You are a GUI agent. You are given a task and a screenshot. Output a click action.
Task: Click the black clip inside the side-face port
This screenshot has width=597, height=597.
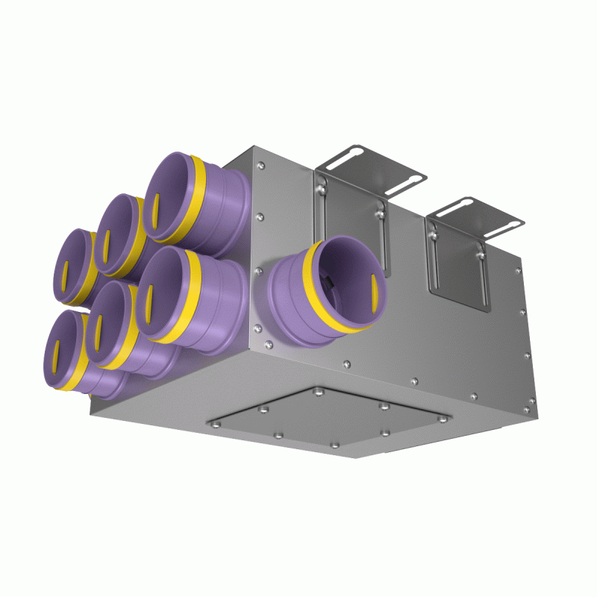(327, 282)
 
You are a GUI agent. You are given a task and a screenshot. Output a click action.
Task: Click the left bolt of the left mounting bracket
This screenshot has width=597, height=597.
(321, 191)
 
